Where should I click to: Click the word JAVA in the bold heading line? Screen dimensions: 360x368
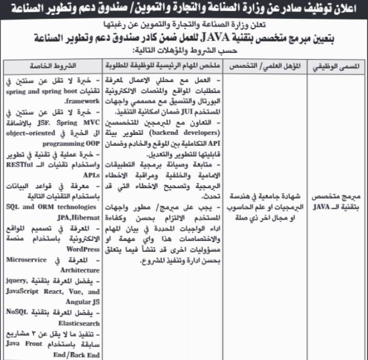pos(206,37)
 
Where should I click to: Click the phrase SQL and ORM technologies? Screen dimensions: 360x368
pos(51,206)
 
